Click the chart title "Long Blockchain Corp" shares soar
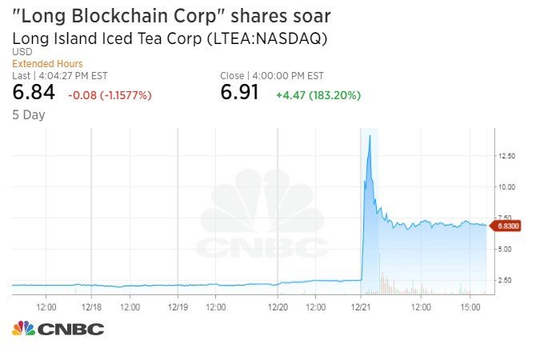(171, 16)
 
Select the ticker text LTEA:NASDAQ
(274, 38)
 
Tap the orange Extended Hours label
(48, 64)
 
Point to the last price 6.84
(34, 93)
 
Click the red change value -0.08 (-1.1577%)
(110, 95)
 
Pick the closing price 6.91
(240, 93)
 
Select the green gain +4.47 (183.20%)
(318, 95)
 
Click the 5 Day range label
(29, 114)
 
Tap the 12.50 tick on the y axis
(505, 156)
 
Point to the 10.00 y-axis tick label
(505, 187)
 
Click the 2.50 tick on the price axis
(505, 280)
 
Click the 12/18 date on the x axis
(91, 306)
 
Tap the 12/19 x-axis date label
(178, 306)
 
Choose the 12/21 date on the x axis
(362, 306)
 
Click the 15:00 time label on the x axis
(470, 306)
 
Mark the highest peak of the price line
(370, 137)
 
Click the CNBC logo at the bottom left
(58, 329)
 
